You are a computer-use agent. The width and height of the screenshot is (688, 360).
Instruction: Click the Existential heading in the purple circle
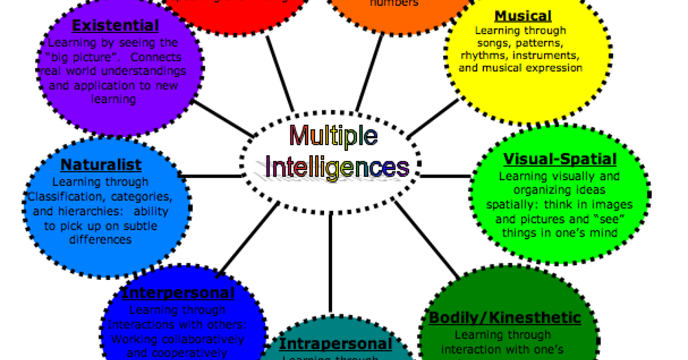(x=115, y=26)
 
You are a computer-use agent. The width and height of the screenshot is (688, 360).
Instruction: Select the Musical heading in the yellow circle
(x=523, y=16)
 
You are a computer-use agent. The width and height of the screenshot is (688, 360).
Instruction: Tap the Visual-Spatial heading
(x=560, y=159)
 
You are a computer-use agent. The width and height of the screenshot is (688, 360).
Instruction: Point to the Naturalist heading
(x=101, y=165)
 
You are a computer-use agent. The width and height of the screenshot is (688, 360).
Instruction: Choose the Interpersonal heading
(x=178, y=293)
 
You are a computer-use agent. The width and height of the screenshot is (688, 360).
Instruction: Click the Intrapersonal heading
(x=335, y=344)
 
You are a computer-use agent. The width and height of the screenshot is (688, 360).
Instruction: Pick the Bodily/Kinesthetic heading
(x=504, y=318)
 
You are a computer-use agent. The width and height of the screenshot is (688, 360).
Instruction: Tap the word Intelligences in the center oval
(x=337, y=167)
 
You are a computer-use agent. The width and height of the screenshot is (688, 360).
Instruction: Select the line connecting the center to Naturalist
(x=212, y=176)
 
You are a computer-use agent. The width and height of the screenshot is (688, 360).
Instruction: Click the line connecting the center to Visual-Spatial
(x=445, y=176)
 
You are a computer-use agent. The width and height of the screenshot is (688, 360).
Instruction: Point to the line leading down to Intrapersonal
(x=331, y=261)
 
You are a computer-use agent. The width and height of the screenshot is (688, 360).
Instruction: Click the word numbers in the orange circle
(x=394, y=3)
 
